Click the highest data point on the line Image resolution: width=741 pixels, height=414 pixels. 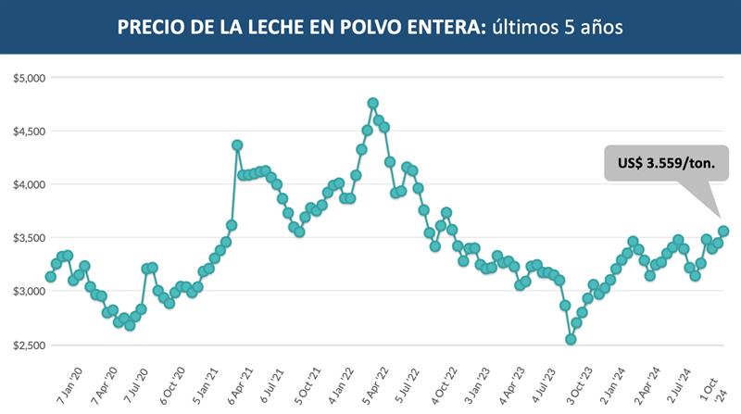point(372,103)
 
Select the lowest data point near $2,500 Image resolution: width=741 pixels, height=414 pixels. point(571,340)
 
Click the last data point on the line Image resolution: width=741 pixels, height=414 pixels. point(723,231)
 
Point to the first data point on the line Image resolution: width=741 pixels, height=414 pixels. point(51,277)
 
